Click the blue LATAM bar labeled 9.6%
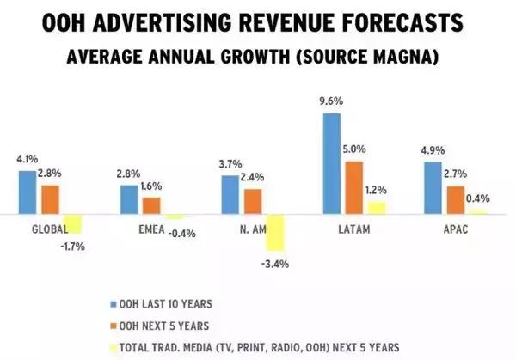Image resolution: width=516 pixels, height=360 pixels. coord(331,163)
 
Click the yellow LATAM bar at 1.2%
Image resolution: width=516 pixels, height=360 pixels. coord(375,207)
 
